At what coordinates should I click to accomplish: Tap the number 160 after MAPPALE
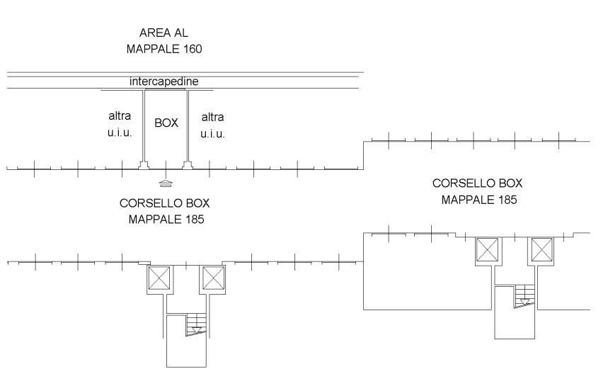[x=192, y=50]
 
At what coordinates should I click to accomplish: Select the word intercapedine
[x=164, y=81]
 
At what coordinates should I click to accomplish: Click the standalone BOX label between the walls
[x=166, y=123]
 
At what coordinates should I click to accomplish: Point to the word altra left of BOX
[x=120, y=117]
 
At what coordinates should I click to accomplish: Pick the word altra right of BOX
[x=213, y=117]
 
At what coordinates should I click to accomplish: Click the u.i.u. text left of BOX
[x=120, y=134]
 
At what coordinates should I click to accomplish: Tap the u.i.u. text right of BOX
[x=213, y=134]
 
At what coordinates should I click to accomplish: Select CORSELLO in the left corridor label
[x=148, y=203]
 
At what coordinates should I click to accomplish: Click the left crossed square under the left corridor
[x=159, y=278]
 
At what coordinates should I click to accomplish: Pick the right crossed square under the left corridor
[x=213, y=278]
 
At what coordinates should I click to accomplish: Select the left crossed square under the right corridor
[x=487, y=250]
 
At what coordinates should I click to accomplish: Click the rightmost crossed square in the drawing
[x=542, y=250]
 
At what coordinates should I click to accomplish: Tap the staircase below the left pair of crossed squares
[x=195, y=327]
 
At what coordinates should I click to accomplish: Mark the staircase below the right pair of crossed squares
[x=524, y=295]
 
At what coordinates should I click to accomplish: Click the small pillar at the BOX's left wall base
[x=143, y=166]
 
